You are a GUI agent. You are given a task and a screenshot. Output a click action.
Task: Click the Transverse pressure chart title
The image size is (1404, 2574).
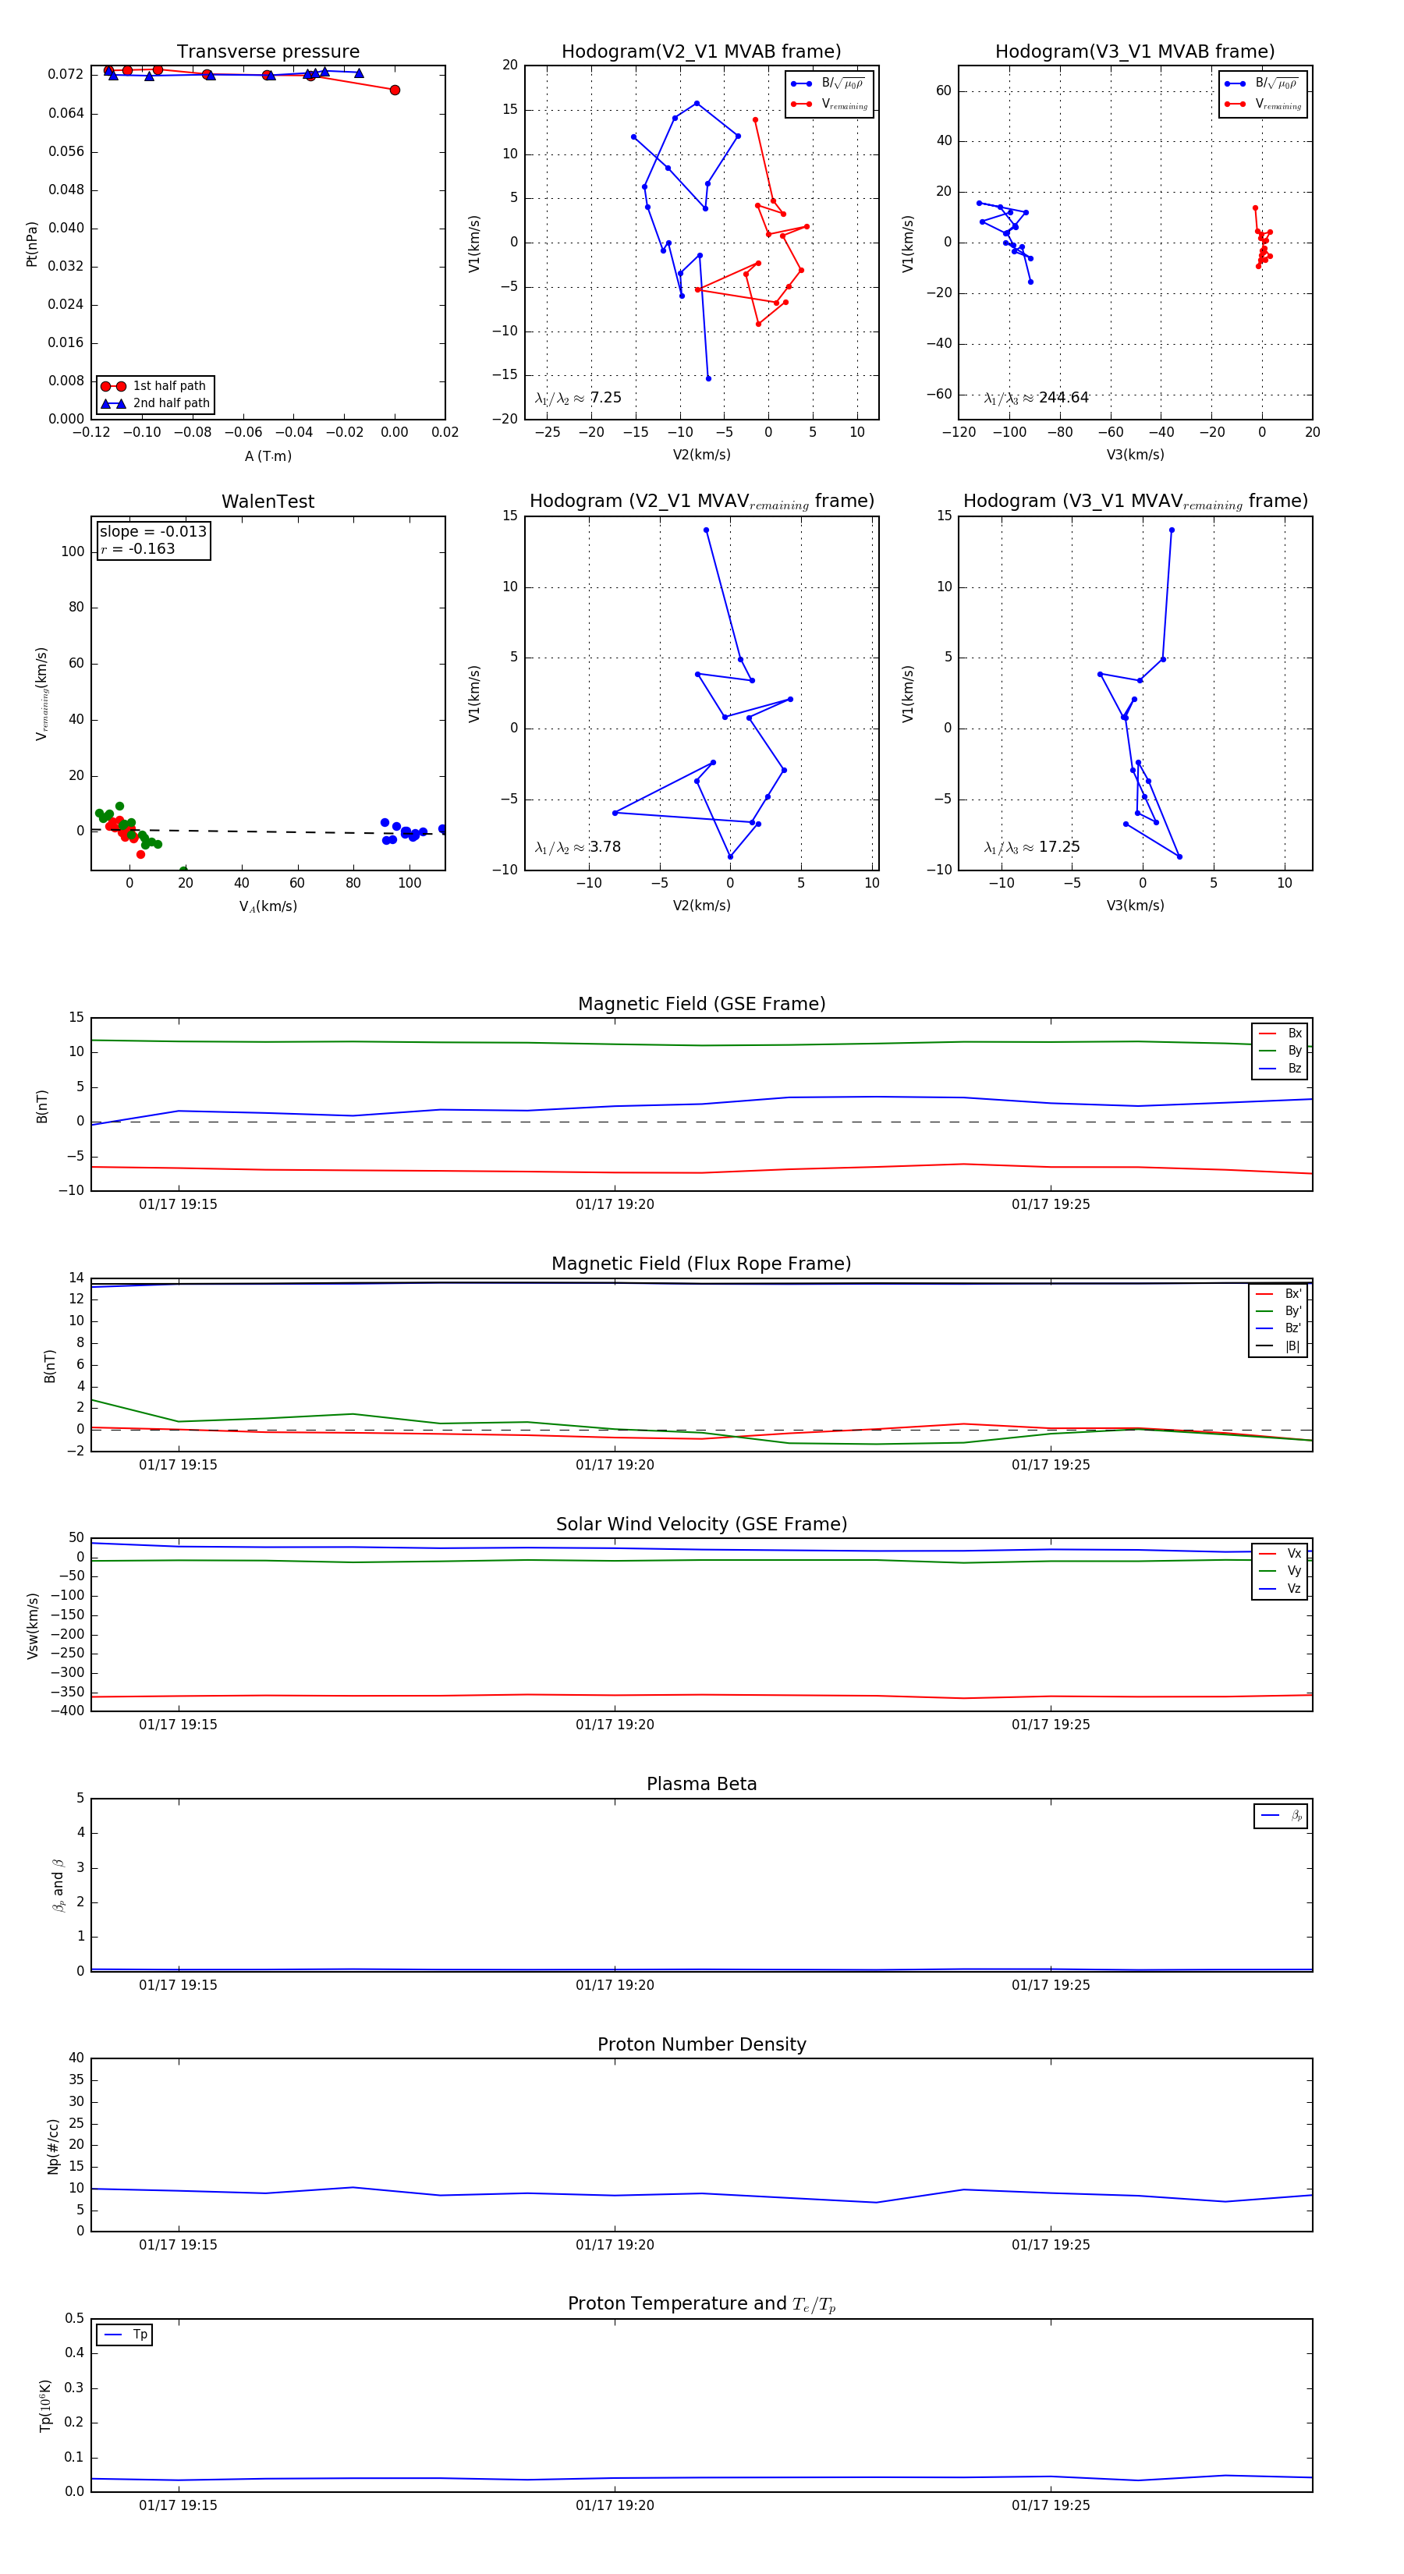[x=268, y=52]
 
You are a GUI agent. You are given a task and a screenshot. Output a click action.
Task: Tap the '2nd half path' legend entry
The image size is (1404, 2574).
[x=171, y=404]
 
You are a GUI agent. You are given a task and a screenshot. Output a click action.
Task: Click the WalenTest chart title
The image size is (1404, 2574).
[x=268, y=502]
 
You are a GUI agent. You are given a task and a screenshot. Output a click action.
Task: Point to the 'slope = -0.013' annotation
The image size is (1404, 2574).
[x=153, y=532]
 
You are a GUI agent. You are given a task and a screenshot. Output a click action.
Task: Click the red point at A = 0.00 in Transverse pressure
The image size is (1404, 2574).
[x=395, y=90]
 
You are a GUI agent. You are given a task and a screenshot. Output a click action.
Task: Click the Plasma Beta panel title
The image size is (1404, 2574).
[x=701, y=1784]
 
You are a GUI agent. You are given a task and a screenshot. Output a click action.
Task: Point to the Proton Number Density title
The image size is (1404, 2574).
[x=701, y=2044]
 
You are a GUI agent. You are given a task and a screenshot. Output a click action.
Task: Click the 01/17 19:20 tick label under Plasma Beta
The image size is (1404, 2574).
[x=615, y=1984]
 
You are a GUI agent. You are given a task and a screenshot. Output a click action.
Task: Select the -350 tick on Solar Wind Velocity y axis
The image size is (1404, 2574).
[x=68, y=1692]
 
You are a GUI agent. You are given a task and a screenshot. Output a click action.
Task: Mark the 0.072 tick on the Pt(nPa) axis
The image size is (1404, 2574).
[x=66, y=75]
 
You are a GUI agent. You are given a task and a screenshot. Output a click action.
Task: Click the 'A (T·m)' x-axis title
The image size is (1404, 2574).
[x=268, y=456]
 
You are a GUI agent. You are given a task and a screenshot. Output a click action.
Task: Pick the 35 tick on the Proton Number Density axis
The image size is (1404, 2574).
[x=76, y=2079]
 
